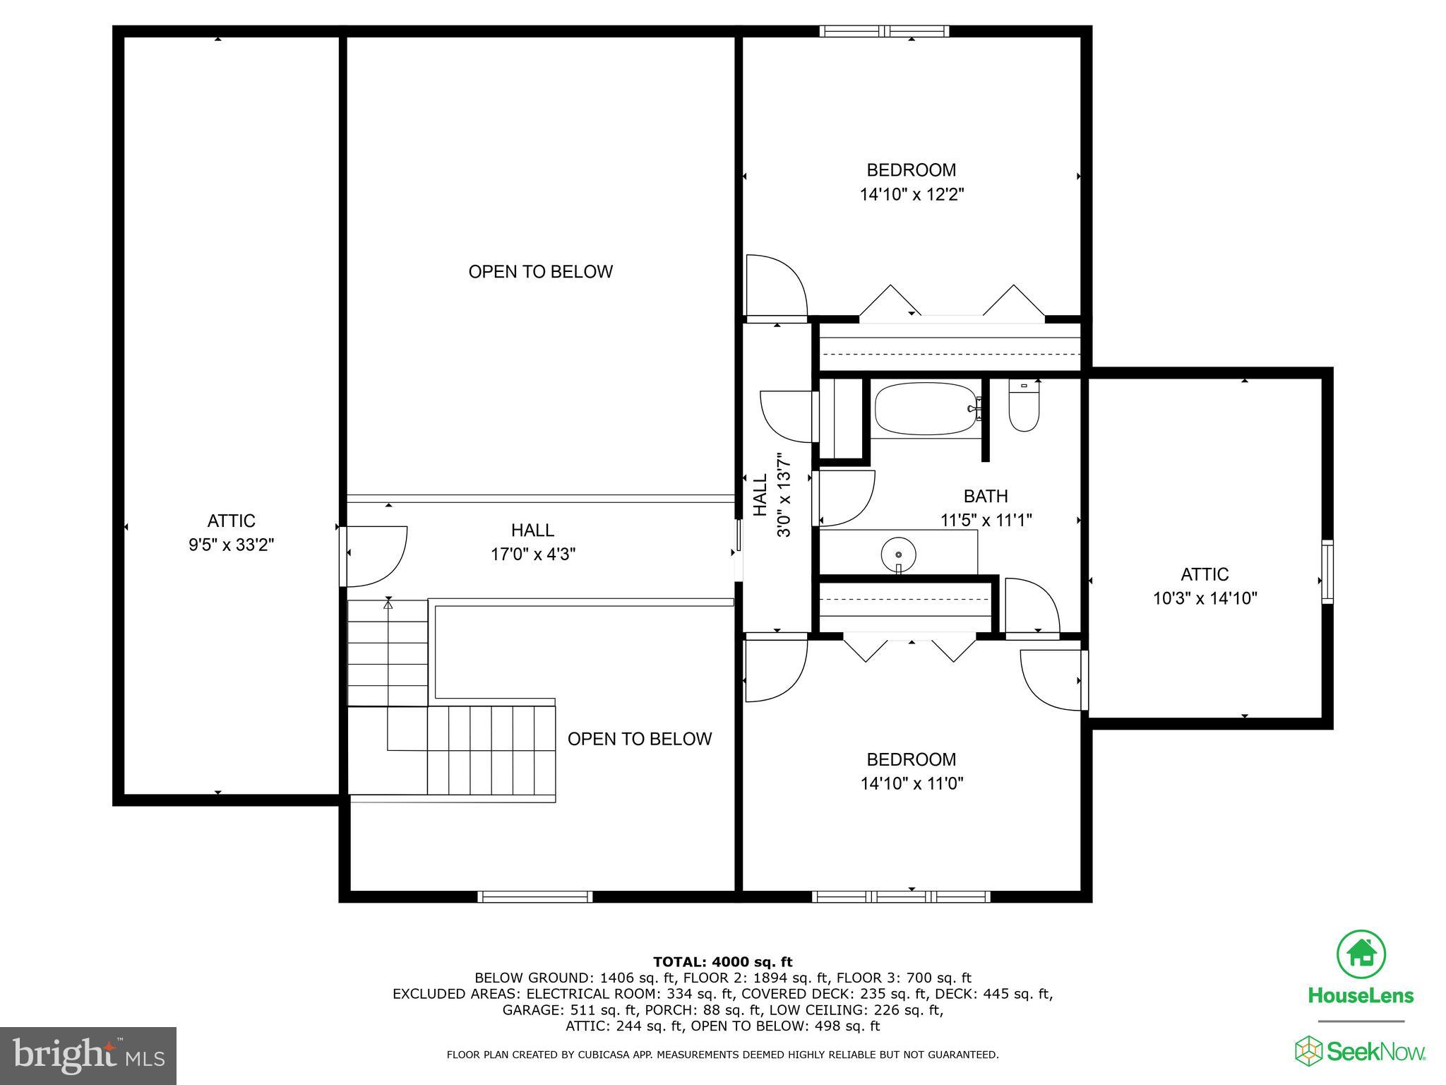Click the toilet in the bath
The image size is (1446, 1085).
click(1024, 408)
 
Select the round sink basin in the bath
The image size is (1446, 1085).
click(898, 552)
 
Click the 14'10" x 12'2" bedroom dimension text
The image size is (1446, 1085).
click(912, 194)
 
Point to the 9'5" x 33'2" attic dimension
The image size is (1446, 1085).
click(231, 545)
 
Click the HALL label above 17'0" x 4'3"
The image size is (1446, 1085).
click(532, 530)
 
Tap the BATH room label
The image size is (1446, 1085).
click(986, 496)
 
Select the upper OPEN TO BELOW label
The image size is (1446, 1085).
click(540, 272)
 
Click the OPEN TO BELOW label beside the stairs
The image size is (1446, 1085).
click(639, 739)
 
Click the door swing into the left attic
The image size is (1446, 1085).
click(374, 556)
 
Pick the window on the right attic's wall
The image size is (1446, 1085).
click(1327, 571)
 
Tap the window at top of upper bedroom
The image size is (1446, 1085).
click(884, 31)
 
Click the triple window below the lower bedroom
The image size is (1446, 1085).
click(901, 896)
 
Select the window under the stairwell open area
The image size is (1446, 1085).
click(535, 896)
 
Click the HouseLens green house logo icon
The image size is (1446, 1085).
click(1361, 954)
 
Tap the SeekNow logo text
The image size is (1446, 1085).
click(1375, 1052)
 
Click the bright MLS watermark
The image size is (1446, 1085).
click(88, 1056)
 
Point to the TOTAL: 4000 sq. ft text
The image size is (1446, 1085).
click(722, 961)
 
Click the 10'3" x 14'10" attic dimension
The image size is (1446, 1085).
click(1205, 599)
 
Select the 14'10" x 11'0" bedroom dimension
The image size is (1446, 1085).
click(912, 783)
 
